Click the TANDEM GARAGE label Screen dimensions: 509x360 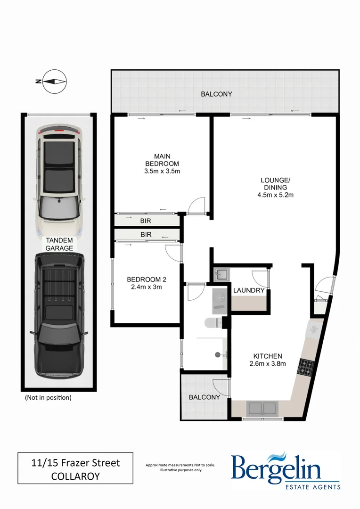click(x=59, y=244)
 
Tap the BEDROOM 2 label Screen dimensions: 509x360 click(x=147, y=279)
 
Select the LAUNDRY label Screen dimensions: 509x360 click(x=249, y=290)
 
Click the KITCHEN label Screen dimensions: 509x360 click(x=267, y=356)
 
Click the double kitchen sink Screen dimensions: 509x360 click(x=261, y=408)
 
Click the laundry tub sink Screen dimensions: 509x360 click(x=221, y=274)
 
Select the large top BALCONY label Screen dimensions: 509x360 click(x=216, y=94)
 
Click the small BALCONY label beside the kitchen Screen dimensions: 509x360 click(x=204, y=397)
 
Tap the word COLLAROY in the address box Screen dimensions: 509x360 click(x=75, y=476)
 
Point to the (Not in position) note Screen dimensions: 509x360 click(x=48, y=397)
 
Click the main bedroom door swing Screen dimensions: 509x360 click(x=194, y=205)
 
